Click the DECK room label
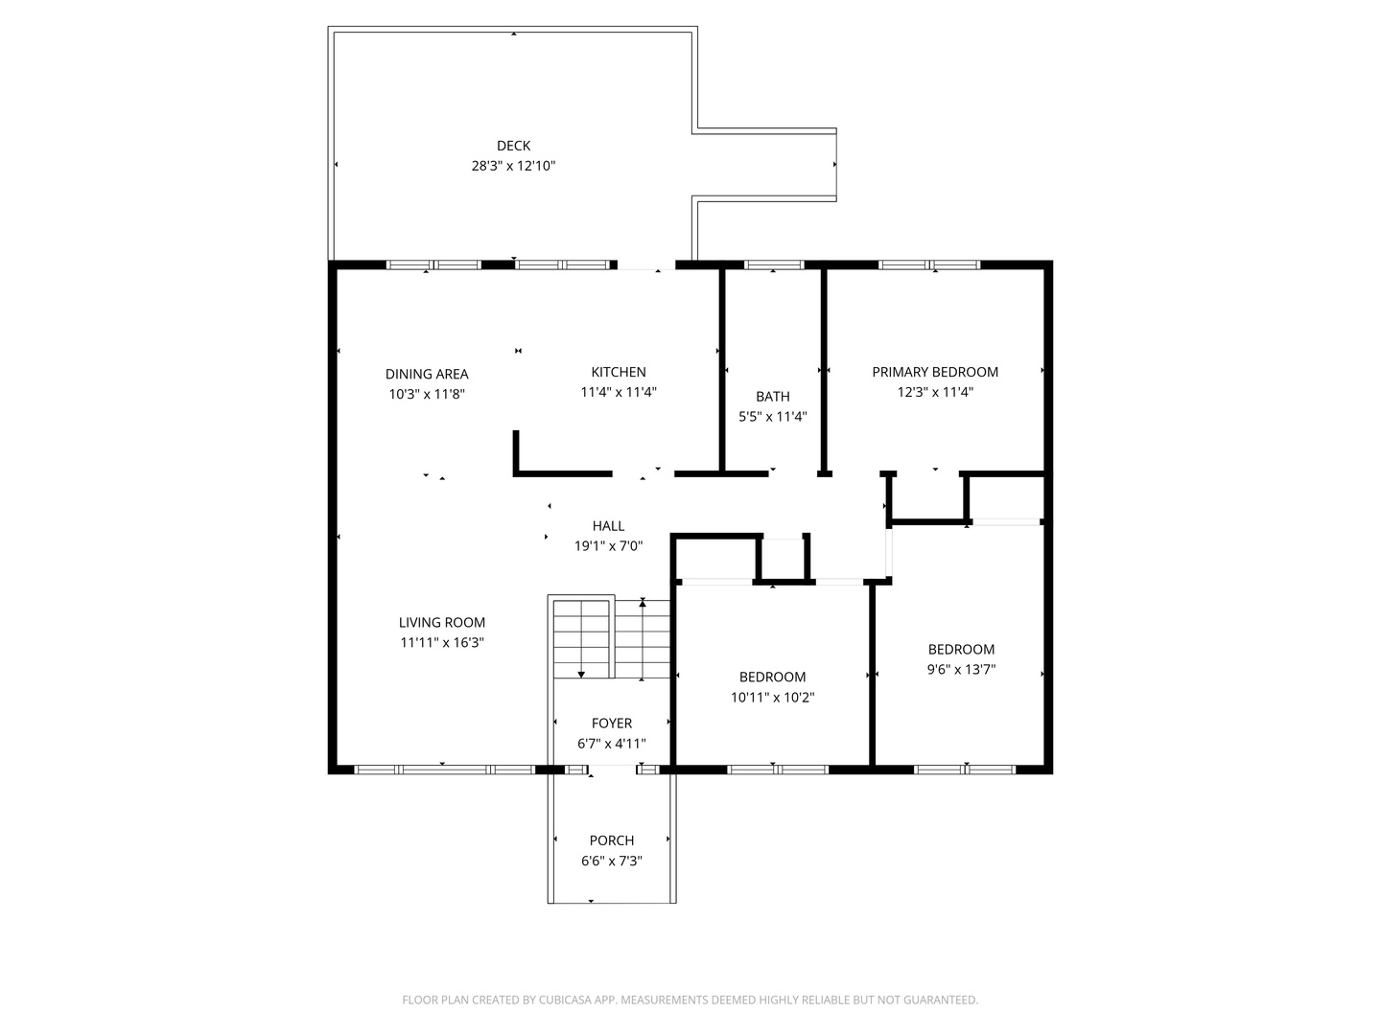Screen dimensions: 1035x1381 (x=513, y=146)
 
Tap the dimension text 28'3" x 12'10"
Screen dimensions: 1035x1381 (x=513, y=166)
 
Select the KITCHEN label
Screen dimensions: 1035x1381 (x=618, y=372)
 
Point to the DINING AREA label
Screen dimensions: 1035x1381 (x=427, y=374)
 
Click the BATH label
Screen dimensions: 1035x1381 (x=772, y=396)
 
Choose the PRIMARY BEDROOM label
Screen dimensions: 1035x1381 (x=934, y=372)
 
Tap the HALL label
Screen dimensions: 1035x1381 (x=608, y=525)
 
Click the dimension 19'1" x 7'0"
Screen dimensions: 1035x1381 (x=608, y=546)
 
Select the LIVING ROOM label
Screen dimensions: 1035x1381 (x=442, y=622)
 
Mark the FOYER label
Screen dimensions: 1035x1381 (x=611, y=724)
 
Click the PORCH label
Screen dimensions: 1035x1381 (x=611, y=840)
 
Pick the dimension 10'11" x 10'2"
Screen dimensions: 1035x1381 (x=772, y=698)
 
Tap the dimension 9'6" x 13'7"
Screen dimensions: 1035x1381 (x=961, y=670)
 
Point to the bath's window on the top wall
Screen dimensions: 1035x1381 (x=774, y=264)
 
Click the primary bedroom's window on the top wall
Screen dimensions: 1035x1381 (x=929, y=264)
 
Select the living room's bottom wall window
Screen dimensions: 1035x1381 (x=444, y=769)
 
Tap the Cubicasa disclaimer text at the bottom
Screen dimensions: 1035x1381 (x=690, y=1000)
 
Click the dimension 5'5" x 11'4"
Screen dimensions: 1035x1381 (x=772, y=417)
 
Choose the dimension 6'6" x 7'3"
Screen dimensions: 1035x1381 (x=611, y=861)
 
